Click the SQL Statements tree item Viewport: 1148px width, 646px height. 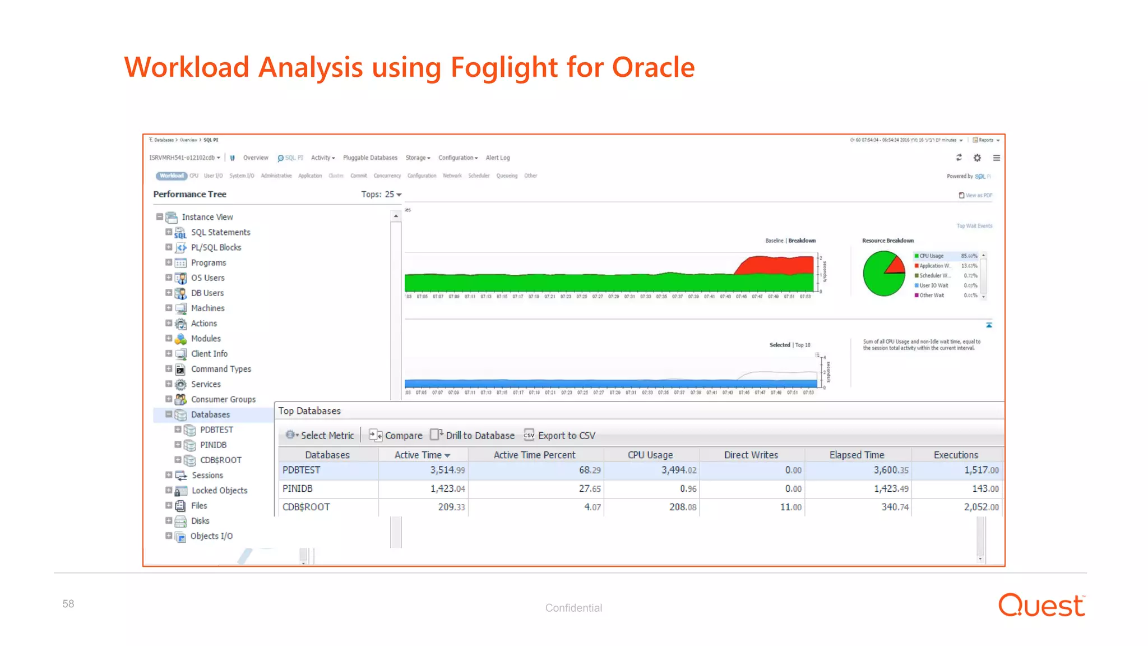tap(220, 232)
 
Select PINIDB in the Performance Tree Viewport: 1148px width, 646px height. tap(213, 445)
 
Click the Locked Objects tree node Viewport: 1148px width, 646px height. tap(219, 490)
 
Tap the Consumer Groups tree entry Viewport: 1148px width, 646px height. tap(223, 399)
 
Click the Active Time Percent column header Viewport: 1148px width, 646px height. tap(534, 455)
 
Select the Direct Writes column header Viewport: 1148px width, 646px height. tap(751, 455)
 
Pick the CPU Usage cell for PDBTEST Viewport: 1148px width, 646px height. tap(678, 470)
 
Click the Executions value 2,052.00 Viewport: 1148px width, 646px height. tap(981, 507)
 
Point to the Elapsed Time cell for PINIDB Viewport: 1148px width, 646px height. tap(891, 488)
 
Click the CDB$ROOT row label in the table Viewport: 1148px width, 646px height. tap(306, 507)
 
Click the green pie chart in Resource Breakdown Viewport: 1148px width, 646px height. tap(881, 274)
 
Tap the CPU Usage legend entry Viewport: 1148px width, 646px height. tap(932, 256)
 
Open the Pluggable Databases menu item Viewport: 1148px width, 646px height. tap(370, 158)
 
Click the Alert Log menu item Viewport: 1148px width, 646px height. tap(498, 158)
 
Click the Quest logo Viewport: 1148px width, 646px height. tap(1041, 605)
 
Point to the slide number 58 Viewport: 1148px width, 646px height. tap(68, 604)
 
